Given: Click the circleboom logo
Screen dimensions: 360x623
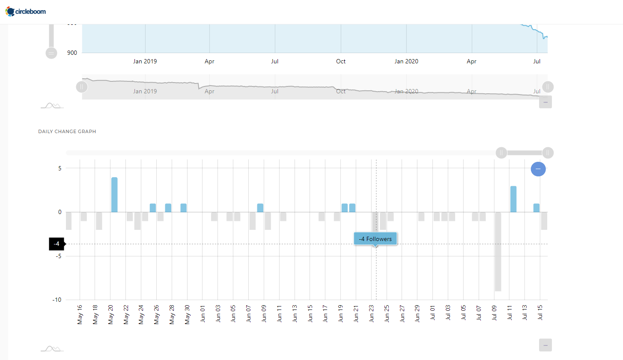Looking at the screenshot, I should [26, 12].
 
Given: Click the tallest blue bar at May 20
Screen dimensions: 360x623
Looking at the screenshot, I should [114, 195].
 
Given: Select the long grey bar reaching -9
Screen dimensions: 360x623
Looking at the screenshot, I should [498, 252].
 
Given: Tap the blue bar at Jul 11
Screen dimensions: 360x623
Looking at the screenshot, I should [513, 199].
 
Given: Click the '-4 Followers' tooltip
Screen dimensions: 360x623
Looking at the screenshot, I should [376, 239].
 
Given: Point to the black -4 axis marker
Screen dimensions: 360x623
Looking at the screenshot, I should [57, 244].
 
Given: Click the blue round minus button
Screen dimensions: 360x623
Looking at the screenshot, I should [538, 169].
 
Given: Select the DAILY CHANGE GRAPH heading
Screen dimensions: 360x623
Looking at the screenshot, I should [67, 131].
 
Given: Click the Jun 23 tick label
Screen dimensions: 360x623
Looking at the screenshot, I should [372, 314].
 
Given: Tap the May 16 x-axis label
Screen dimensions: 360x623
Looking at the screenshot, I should [80, 315].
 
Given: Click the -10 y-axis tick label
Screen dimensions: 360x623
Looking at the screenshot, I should [57, 300].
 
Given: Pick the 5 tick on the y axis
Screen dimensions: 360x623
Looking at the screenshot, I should [60, 168].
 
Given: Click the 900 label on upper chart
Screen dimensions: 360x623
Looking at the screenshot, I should [72, 53].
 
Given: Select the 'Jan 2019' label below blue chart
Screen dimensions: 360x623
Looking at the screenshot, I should [145, 61].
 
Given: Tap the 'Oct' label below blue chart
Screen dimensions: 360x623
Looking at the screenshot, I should [341, 61].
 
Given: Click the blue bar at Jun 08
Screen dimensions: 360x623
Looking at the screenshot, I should [260, 208].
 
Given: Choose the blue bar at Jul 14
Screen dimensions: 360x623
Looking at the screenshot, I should [537, 208].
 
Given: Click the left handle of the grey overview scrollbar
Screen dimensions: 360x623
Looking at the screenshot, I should [82, 87].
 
